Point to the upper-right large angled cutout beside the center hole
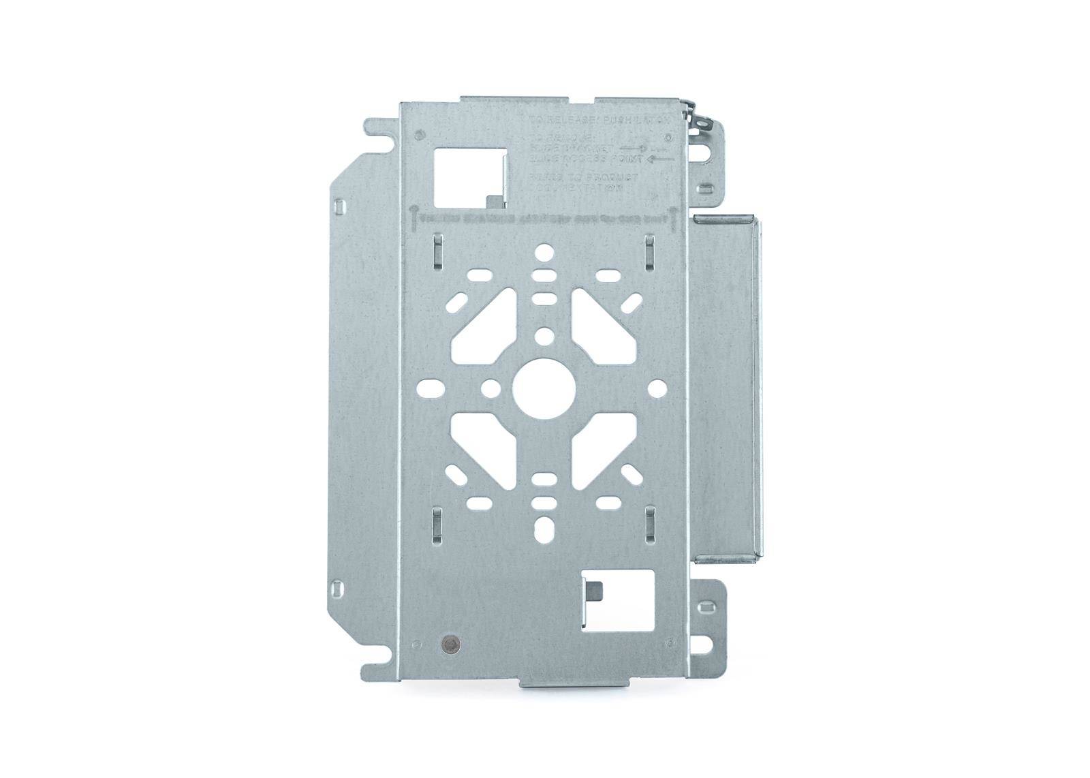coord(603,326)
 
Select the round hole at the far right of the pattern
coord(657,388)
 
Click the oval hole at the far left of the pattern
coord(432,388)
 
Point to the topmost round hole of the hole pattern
coord(544,253)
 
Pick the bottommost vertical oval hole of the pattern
coord(544,529)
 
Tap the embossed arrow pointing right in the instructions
coord(636,146)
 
